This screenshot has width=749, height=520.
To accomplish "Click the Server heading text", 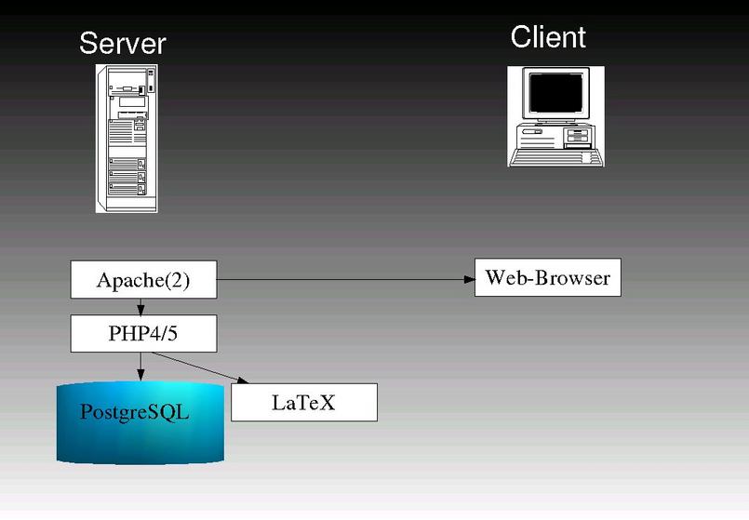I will tap(122, 43).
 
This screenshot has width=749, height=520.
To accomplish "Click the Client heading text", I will tap(548, 37).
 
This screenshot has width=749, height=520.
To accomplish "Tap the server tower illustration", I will tap(127, 138).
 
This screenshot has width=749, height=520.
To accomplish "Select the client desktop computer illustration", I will tap(555, 116).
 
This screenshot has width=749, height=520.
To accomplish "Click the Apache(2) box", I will tap(143, 280).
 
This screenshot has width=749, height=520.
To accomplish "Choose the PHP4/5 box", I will tap(143, 333).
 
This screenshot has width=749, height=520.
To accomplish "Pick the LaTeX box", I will tap(303, 403).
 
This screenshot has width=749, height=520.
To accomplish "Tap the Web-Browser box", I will tap(547, 278).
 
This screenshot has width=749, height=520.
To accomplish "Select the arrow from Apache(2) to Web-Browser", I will tap(344, 279).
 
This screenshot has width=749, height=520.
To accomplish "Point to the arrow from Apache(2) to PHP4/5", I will tap(140, 307).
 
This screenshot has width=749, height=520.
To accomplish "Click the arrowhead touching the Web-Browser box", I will tap(468, 279).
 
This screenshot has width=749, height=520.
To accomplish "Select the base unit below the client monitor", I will tap(555, 136).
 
